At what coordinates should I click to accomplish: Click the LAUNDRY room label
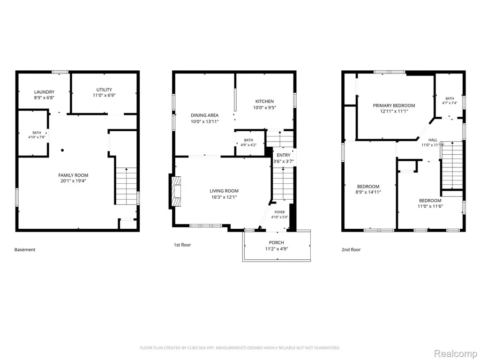(45, 92)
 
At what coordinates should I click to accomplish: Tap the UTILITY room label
(104, 90)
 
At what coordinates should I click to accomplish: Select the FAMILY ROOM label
(73, 175)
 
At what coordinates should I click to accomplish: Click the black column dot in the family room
(62, 150)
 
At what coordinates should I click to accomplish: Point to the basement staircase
(126, 186)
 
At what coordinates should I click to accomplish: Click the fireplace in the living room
(175, 191)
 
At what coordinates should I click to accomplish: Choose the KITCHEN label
(264, 101)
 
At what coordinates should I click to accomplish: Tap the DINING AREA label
(205, 115)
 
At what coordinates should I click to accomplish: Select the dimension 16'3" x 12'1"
(224, 197)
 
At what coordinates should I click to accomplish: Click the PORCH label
(277, 243)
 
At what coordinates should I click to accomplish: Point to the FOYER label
(279, 212)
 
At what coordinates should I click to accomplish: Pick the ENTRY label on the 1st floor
(284, 155)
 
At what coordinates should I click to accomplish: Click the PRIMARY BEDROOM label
(394, 105)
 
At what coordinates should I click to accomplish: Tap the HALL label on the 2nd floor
(433, 140)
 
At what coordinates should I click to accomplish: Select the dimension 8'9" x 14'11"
(368, 192)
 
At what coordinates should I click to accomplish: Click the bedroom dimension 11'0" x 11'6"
(430, 206)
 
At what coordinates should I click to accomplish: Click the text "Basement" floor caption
(25, 250)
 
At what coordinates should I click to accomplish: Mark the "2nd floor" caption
(351, 250)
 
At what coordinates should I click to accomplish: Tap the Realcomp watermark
(456, 353)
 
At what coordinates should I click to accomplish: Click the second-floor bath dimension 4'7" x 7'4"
(450, 103)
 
